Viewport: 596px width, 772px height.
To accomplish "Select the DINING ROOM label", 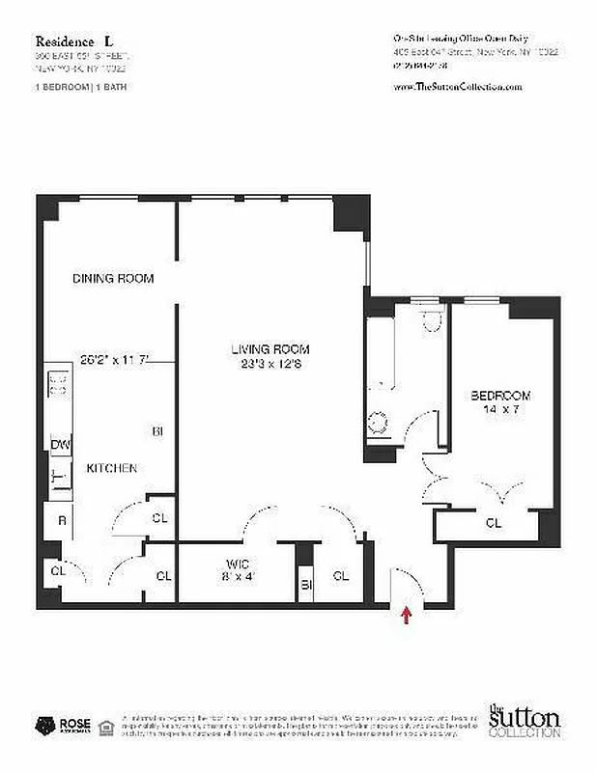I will tap(113, 278).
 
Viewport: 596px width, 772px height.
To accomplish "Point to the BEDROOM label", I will tap(500, 396).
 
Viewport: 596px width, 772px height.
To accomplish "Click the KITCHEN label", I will tap(112, 468).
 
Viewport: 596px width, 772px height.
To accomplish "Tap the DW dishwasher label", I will tap(59, 444).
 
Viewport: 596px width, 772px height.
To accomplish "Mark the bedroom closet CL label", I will tap(494, 523).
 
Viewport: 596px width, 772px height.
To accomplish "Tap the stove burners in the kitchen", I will tap(58, 384).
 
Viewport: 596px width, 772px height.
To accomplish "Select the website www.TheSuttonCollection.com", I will tap(458, 87).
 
